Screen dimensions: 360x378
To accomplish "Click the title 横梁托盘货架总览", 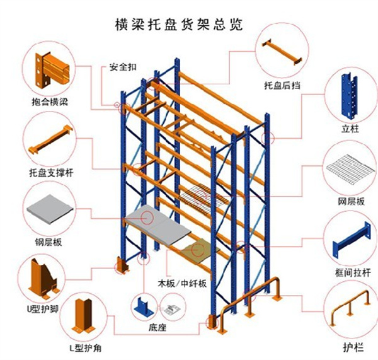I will click(179, 25).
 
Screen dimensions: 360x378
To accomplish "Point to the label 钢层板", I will click(48, 241).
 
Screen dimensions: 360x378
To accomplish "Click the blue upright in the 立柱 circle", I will click(348, 95).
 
